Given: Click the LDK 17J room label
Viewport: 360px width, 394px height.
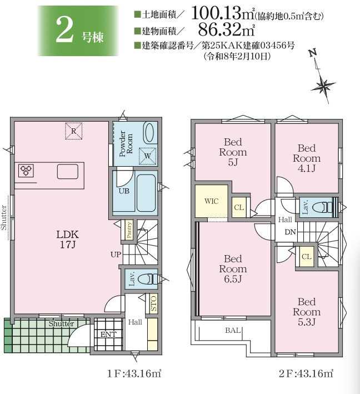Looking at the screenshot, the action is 68,239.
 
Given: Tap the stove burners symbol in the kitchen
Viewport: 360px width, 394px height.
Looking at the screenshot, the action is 26,171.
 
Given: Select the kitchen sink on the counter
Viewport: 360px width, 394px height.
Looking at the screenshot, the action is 67,171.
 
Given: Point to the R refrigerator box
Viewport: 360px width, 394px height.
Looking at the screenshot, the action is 73,131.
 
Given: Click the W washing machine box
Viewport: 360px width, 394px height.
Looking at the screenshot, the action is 147,156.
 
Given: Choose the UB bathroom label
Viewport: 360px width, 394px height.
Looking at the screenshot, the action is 124,191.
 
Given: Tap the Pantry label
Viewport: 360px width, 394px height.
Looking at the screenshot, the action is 129,230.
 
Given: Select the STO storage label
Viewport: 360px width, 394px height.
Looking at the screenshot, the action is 153,303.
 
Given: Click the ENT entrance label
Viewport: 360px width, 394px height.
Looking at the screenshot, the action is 108,335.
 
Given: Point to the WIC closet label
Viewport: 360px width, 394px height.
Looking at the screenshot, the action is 211,201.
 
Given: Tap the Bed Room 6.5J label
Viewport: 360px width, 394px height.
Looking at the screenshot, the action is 233,268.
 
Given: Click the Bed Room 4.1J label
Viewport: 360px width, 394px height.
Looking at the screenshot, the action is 307,158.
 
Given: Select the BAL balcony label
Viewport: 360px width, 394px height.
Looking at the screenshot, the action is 233,330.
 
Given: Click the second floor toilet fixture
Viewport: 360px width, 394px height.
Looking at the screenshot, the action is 323,207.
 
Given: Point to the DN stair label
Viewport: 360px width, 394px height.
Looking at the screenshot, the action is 290,232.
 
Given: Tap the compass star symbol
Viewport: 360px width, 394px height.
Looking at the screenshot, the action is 323,86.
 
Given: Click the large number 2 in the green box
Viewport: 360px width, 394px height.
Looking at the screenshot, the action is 65,30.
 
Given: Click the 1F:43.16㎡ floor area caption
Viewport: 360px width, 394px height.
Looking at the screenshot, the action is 134,373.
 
